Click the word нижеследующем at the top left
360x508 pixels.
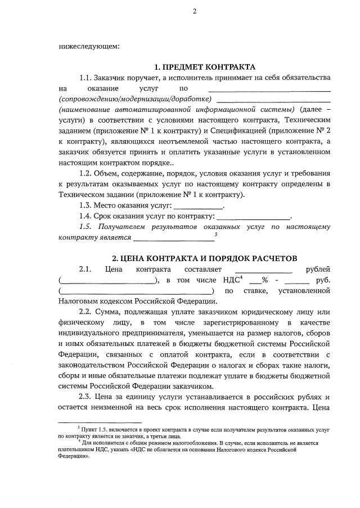coord(89,46)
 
